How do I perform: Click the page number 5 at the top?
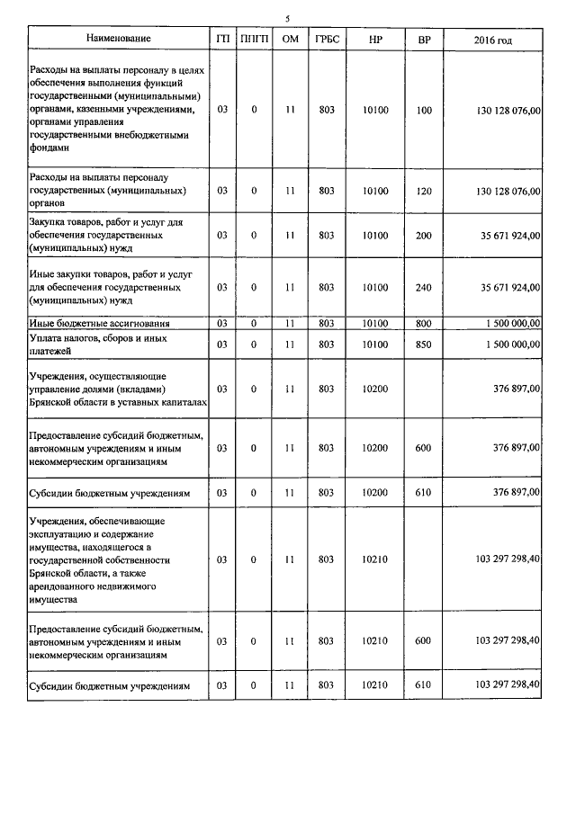[287, 18]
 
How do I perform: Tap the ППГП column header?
[254, 40]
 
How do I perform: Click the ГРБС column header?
[327, 40]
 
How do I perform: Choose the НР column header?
[375, 40]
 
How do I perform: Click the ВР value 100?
[425, 111]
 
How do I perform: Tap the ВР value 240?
[425, 287]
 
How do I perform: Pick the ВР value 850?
[425, 344]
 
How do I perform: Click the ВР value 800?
[425, 323]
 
